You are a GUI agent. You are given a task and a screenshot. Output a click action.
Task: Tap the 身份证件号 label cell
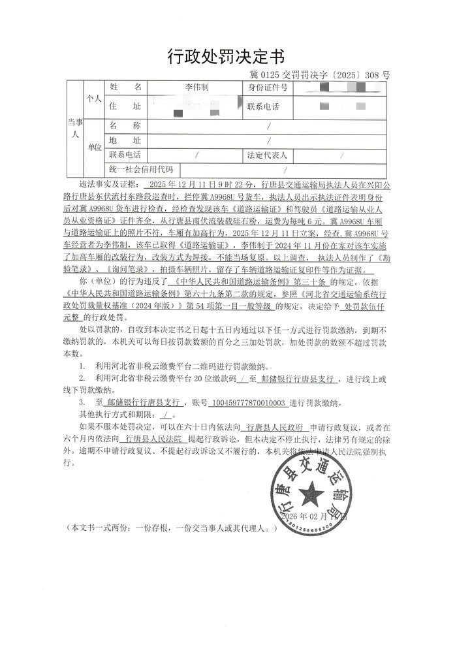pos(268,87)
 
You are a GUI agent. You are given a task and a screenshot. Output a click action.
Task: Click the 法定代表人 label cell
pos(268,156)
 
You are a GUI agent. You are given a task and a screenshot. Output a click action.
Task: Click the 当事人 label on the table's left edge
pos(74,127)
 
